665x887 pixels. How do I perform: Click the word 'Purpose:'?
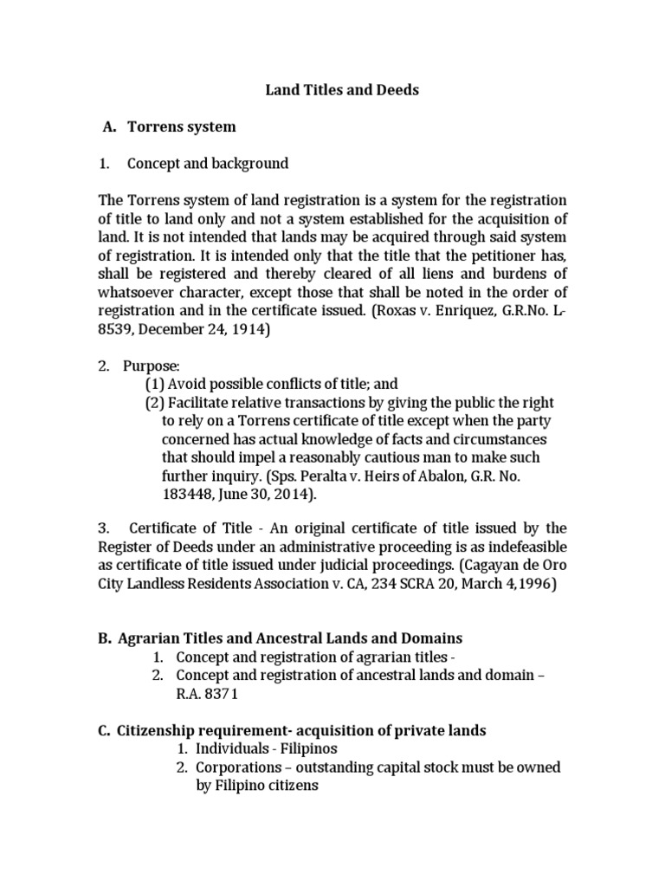click(153, 366)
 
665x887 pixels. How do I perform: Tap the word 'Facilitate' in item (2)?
click(201, 402)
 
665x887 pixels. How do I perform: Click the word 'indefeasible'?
click(528, 547)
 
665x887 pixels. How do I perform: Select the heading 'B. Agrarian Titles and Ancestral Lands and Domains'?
click(281, 638)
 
